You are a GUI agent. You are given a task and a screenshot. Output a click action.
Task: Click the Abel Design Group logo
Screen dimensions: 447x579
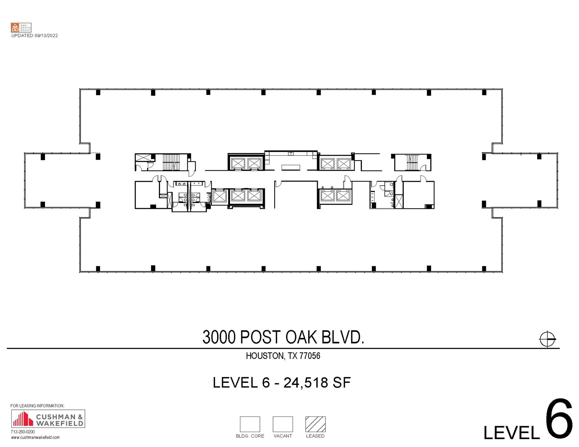[x=21, y=27]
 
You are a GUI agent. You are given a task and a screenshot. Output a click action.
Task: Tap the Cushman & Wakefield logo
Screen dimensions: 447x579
[x=48, y=418]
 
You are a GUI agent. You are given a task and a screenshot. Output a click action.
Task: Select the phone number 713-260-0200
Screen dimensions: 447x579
[x=23, y=432]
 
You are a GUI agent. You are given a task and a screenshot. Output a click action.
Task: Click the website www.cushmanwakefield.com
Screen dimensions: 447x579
[x=35, y=437]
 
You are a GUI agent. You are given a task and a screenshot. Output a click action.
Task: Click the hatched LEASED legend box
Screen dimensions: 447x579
[x=315, y=424]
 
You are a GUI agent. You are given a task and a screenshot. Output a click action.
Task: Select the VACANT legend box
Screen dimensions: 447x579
[x=282, y=424]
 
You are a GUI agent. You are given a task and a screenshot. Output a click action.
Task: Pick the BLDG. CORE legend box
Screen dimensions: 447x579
[x=250, y=424]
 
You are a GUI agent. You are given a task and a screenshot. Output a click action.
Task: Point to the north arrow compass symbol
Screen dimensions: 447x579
[x=547, y=339]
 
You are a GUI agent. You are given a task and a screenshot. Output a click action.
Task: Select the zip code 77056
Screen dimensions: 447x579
[x=310, y=356]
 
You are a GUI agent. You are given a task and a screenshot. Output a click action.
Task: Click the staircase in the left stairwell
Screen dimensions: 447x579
[x=171, y=162]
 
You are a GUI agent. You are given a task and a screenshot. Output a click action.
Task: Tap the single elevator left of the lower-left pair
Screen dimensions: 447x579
[x=219, y=197]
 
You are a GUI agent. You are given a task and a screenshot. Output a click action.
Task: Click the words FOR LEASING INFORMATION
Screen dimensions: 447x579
[x=37, y=406]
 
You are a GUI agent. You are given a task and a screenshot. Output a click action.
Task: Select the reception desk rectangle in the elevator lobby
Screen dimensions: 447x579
[x=291, y=167]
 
